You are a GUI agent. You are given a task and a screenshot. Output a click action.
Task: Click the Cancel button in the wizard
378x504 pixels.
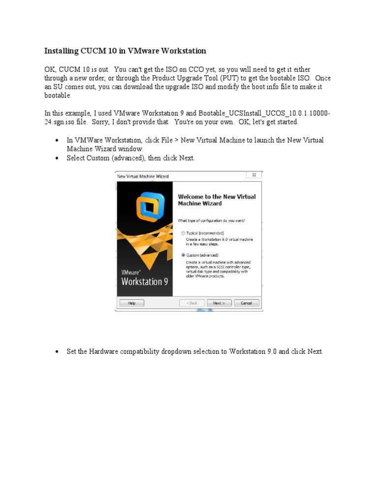247,303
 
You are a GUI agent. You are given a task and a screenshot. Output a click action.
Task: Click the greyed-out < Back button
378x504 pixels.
192,303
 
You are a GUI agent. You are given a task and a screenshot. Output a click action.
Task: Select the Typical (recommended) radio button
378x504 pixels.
184,233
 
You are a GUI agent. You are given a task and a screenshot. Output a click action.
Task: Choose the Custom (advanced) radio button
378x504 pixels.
184,255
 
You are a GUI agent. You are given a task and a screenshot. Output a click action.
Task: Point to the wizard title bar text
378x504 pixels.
143,176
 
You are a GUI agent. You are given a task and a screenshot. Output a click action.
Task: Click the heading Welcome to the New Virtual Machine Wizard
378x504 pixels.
217,200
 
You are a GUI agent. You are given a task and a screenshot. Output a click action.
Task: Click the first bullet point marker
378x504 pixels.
58,141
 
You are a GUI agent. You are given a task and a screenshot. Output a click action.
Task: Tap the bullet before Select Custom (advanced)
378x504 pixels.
58,158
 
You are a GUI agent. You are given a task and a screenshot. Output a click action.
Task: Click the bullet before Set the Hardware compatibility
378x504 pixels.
58,352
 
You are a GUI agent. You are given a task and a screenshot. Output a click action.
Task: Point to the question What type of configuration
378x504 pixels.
212,220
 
